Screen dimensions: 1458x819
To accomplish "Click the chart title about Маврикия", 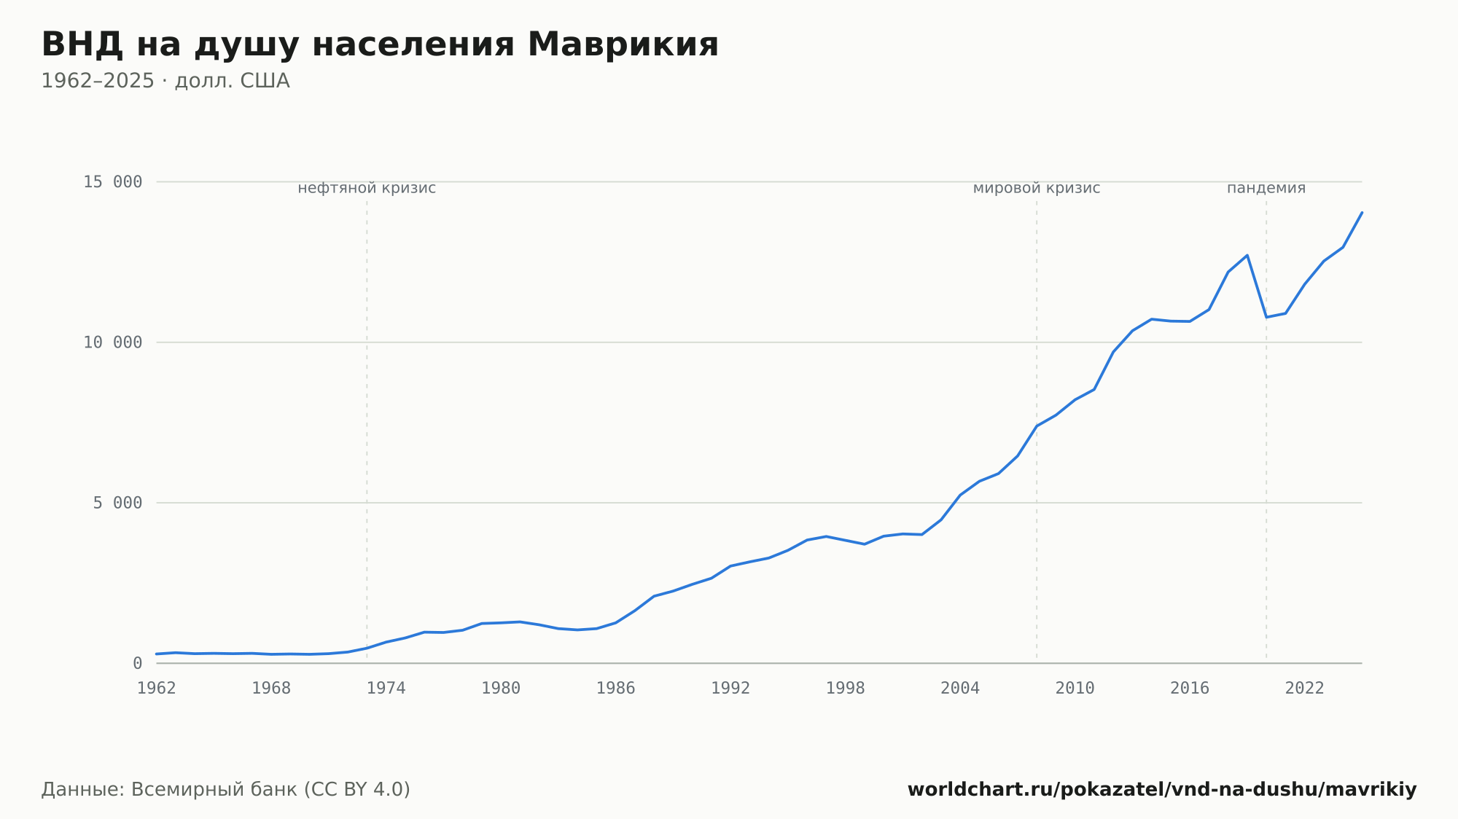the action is (x=380, y=45).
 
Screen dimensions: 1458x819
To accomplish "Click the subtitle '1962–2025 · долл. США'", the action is (x=165, y=81).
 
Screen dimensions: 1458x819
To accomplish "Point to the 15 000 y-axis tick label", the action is (x=112, y=181).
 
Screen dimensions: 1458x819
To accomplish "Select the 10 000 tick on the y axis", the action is (x=112, y=342).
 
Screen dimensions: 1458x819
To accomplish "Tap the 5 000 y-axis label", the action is (x=117, y=503).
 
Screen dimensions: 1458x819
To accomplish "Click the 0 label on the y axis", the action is (x=137, y=663).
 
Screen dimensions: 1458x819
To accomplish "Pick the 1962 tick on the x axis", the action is (x=157, y=689).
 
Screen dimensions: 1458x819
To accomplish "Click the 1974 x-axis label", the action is (x=386, y=689).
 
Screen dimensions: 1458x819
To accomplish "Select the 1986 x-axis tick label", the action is (x=616, y=689).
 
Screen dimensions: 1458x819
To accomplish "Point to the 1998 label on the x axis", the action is (x=846, y=689).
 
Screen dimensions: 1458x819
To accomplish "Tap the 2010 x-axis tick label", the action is (x=1075, y=689).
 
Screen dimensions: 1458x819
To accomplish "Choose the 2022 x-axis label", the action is (x=1305, y=689).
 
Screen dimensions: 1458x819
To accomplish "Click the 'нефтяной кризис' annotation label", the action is (x=367, y=188).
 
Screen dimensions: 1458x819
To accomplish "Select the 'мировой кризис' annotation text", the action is (x=1037, y=188).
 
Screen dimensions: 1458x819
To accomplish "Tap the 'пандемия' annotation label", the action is (x=1266, y=188).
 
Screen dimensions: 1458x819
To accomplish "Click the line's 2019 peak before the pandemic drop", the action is (x=1247, y=255).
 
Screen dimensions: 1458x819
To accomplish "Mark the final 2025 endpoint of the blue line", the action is (x=1362, y=212).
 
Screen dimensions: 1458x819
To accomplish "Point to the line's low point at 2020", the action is (x=1266, y=317).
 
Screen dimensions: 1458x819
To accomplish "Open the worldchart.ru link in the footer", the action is (x=1162, y=790).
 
